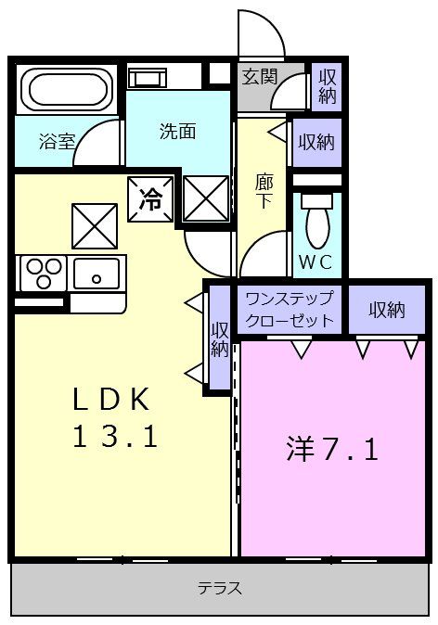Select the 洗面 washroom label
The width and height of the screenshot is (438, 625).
pos(177,132)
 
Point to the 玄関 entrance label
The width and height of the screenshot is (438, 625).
pos(260,77)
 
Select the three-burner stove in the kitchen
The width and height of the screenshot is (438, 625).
pos(42,274)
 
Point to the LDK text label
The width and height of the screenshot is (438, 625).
pos(111,401)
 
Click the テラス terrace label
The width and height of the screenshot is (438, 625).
pos(220,587)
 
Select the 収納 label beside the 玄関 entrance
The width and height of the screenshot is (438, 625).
pos(328,86)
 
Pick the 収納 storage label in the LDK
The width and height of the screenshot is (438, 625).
pos(219,339)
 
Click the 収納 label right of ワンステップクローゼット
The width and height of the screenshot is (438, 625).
pos(386,310)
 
